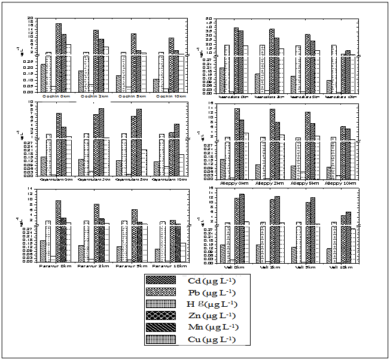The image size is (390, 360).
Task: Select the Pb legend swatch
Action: (x=163, y=292)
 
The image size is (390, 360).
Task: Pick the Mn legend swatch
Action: (x=163, y=327)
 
